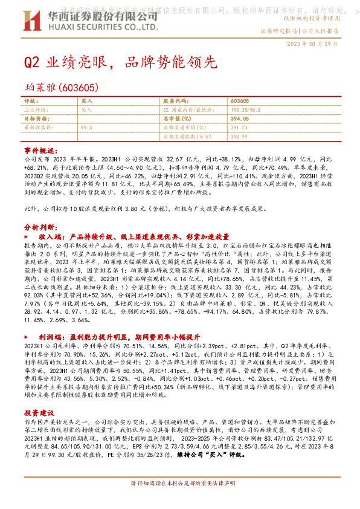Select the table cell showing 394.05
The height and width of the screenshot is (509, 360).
click(x=240, y=119)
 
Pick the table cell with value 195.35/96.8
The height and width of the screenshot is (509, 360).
click(x=246, y=110)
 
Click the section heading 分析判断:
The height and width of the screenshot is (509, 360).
click(x=40, y=227)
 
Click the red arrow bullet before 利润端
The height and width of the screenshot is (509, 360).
click(x=27, y=334)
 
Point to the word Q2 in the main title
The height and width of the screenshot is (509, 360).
click(x=31, y=63)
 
